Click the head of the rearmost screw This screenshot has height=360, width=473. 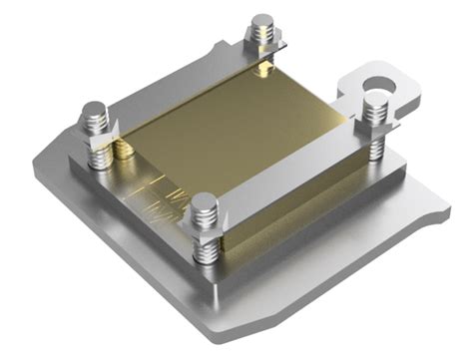coord(261,21)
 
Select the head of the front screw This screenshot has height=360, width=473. coord(204,203)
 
